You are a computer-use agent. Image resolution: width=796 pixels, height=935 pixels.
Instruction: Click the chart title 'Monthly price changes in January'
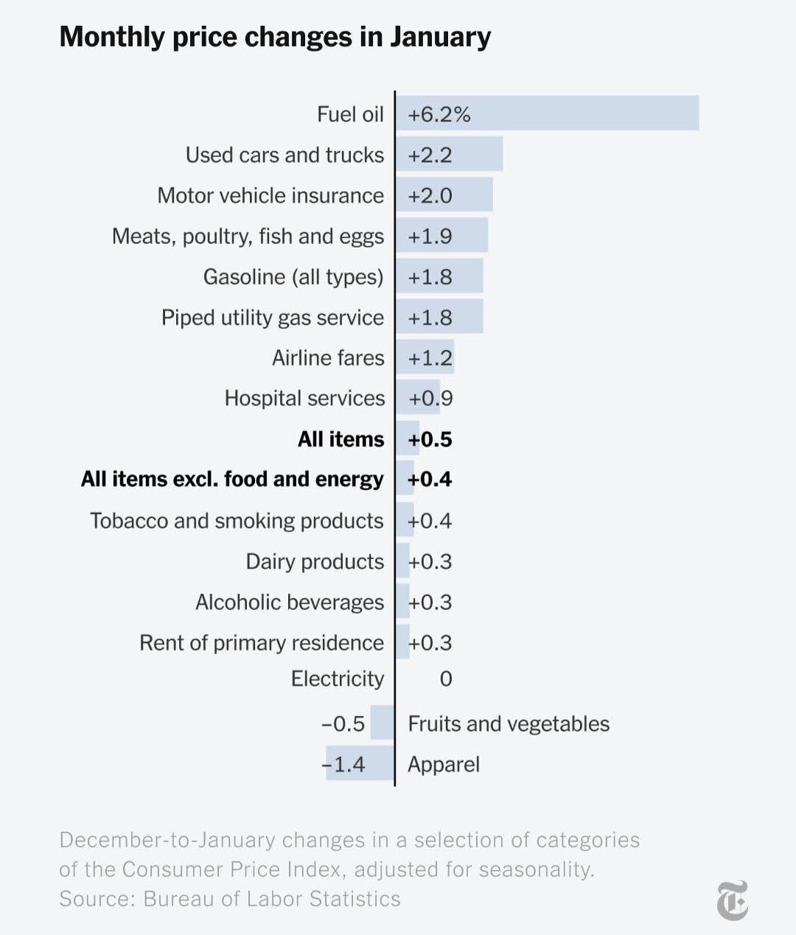275,37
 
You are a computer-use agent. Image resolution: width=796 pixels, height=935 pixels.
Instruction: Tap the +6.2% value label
439,115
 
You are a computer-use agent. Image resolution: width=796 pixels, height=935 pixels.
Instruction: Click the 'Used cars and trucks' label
284,155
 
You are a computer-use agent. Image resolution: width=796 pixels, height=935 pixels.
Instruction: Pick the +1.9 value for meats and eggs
430,237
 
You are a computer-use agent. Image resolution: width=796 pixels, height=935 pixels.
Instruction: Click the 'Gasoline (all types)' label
293,277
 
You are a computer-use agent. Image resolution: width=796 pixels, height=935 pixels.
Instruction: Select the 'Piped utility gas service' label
273,318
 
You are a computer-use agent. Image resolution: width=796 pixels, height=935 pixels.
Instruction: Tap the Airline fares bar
425,357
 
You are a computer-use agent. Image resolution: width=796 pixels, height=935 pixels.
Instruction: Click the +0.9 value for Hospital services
431,399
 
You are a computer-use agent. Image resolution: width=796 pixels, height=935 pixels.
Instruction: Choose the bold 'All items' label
341,439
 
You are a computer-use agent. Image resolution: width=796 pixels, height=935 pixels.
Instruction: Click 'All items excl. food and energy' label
232,480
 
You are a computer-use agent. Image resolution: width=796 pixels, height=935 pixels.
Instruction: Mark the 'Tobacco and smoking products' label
237,521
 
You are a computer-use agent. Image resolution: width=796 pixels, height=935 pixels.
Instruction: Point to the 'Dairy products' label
315,561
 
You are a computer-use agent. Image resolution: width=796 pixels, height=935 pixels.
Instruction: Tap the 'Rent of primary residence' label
262,642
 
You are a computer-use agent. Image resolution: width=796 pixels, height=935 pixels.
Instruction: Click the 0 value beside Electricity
446,679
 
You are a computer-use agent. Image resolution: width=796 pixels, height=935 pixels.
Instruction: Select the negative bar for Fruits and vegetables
382,723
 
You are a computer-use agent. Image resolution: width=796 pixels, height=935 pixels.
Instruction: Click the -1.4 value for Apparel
344,764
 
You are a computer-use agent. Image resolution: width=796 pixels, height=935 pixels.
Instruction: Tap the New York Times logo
733,900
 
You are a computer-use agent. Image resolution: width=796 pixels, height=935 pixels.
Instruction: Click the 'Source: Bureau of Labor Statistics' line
230,899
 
